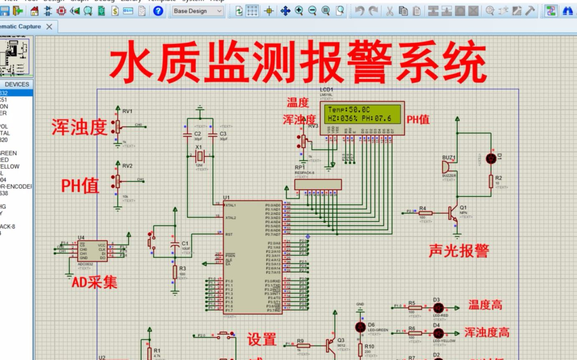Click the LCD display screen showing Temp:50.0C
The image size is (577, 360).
coord(362,114)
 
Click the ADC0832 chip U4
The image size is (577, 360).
coord(92,252)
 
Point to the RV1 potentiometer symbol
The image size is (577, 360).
coord(117,126)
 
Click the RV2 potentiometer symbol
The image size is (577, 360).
coord(117,181)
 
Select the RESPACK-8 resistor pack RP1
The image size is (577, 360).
coord(318,184)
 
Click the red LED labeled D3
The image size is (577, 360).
coord(438,308)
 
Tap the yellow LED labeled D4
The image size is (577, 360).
coord(438,333)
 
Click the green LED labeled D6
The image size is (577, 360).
coord(360,327)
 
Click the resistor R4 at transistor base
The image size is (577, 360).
coord(425,213)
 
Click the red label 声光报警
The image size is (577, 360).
coord(458,250)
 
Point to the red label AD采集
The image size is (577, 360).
coord(94,283)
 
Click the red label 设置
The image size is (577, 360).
coord(261,339)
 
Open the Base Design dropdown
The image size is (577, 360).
coord(198,11)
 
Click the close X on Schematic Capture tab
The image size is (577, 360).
coord(49,27)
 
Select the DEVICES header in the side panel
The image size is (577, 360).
coord(17,84)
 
